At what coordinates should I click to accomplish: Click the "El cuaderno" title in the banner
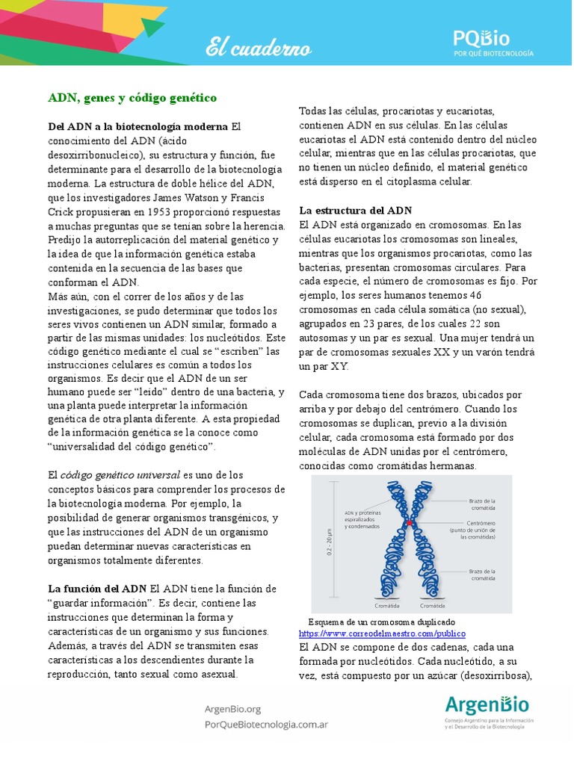click(259, 49)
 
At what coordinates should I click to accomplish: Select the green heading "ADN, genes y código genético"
click(132, 98)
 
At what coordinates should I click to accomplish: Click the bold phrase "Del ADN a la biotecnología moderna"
click(138, 127)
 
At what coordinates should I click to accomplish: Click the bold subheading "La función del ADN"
click(97, 589)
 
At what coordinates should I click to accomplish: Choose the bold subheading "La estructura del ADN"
click(355, 210)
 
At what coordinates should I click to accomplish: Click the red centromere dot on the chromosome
click(409, 524)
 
